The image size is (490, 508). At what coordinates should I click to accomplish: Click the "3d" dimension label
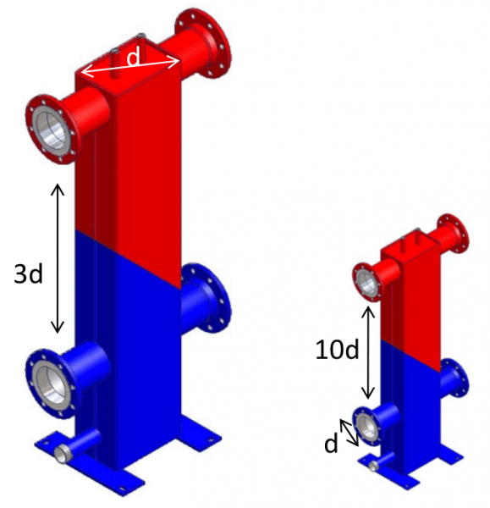click(x=28, y=273)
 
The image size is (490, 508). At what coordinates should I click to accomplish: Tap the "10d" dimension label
click(x=337, y=350)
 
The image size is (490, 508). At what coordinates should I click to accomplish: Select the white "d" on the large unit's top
click(x=134, y=57)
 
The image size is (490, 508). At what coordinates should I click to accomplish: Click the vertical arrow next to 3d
click(x=58, y=258)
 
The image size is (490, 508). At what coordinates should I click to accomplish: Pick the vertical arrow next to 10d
click(x=367, y=352)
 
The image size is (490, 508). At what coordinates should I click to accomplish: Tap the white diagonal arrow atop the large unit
click(x=129, y=67)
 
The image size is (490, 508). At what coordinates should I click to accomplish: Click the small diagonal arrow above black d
click(x=349, y=433)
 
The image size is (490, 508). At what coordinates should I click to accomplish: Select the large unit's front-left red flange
click(x=52, y=130)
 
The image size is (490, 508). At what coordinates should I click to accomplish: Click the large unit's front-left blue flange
click(x=52, y=384)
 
